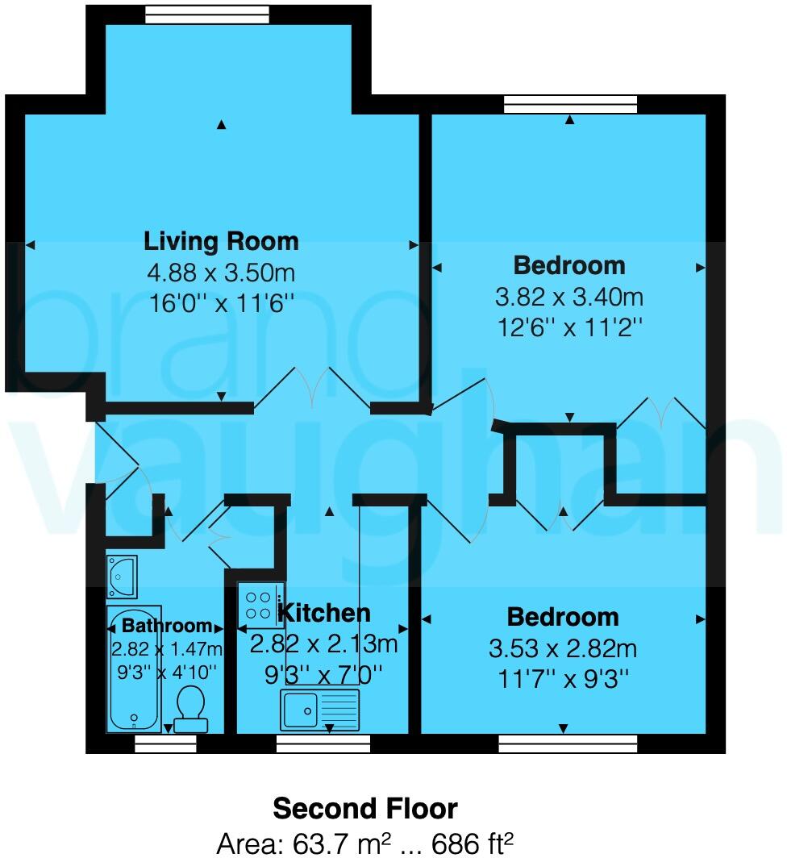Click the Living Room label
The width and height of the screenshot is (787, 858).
click(x=221, y=241)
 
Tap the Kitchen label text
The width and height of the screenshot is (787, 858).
click(x=325, y=613)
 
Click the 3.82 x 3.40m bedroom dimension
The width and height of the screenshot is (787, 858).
click(x=568, y=297)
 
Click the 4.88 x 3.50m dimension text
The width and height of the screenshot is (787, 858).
click(x=221, y=273)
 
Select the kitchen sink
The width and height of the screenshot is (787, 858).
click(x=320, y=709)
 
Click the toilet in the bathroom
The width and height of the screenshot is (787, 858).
click(x=191, y=708)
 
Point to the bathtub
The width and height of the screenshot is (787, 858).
click(x=134, y=669)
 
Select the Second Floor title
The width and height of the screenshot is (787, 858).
click(x=365, y=808)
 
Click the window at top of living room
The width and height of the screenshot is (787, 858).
click(x=207, y=14)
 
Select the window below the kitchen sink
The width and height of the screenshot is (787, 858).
click(x=323, y=743)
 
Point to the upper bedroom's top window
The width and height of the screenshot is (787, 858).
click(x=570, y=104)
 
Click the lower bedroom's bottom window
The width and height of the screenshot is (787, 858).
click(x=568, y=743)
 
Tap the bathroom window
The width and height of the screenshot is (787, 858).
click(x=165, y=743)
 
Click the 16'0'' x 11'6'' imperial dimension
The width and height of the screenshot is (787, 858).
click(x=221, y=305)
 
